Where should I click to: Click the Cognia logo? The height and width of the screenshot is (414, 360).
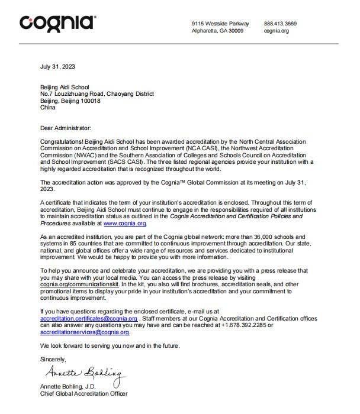[x=57, y=23]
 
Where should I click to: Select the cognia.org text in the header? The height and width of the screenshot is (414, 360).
[x=276, y=31]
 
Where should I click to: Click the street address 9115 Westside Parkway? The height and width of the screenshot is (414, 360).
[x=220, y=24]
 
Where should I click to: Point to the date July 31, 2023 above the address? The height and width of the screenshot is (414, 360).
[x=57, y=66]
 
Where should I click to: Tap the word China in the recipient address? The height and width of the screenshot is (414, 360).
[x=48, y=108]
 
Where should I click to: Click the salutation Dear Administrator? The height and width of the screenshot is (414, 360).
[x=66, y=128]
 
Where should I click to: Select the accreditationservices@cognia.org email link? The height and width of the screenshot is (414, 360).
[x=85, y=332]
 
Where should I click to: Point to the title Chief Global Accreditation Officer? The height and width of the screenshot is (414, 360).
[x=83, y=393]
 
